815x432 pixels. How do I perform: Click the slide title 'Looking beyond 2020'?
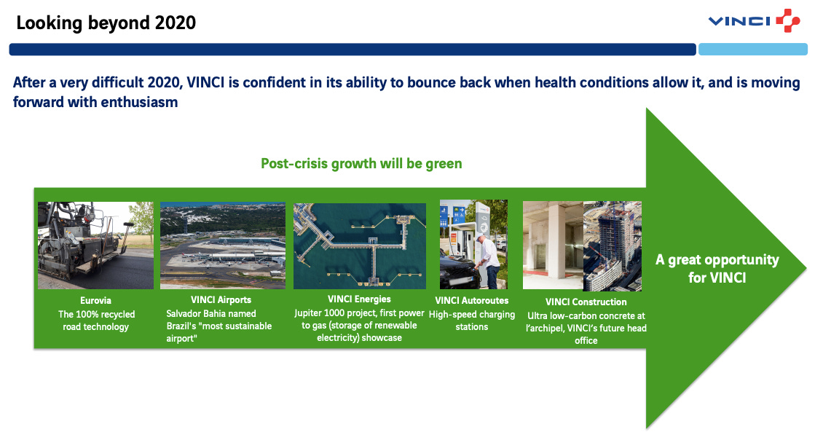pos(106,23)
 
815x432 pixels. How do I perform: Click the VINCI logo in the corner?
pos(755,20)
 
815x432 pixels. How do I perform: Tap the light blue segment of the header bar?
pos(752,50)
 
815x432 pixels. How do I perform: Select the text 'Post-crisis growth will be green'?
pos(361,164)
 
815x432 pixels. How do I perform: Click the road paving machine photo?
pos(95,246)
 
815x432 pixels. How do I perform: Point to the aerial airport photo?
pos(223,246)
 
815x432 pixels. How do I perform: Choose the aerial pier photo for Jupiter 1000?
pos(360,246)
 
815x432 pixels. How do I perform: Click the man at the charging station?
pos(487,261)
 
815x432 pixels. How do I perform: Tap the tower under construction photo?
pos(613,246)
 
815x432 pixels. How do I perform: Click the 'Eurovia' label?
pos(95,300)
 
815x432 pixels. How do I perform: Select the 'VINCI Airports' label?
pos(221,300)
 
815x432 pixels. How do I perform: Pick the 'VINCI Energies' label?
pos(359,299)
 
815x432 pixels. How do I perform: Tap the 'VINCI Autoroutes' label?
pos(472,300)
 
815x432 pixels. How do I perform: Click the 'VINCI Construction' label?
pos(586,302)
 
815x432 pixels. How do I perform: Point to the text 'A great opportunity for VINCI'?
pos(717,269)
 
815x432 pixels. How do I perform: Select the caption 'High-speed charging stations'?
pos(472,321)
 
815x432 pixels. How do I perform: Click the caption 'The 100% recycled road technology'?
pos(96,321)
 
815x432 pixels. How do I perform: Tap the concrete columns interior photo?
pos(553,246)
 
